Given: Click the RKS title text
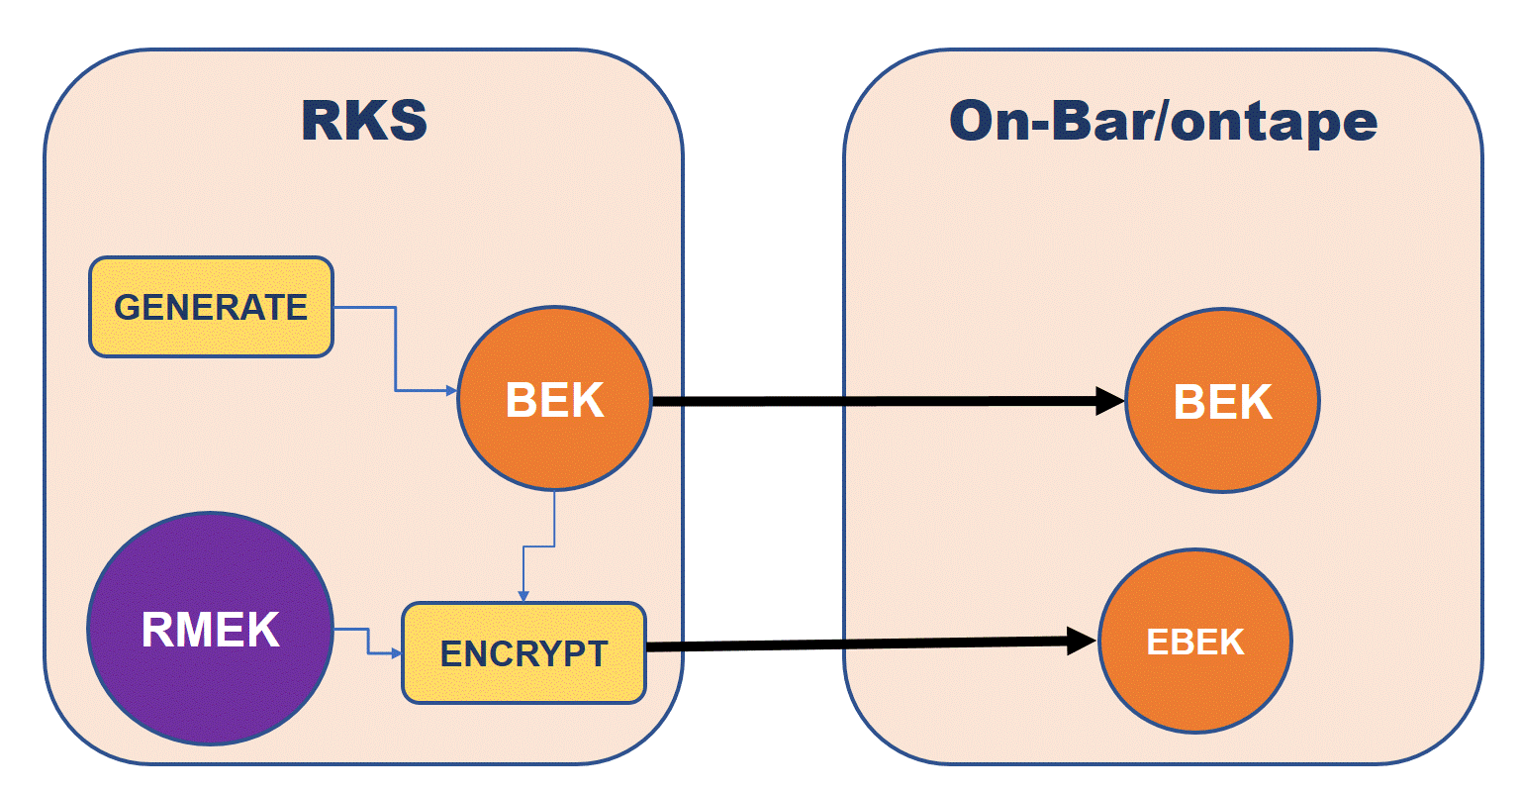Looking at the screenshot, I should coord(364,121).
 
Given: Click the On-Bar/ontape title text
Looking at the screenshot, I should coord(1163,121).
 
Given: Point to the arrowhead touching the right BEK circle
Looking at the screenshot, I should coord(1109,401).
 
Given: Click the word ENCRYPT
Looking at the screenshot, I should coord(523,654).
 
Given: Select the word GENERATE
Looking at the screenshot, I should coord(211,307).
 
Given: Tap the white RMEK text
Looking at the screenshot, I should coord(210,631).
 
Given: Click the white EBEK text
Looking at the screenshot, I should coord(1194,643).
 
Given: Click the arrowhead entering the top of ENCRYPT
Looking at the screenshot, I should coord(523,595).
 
